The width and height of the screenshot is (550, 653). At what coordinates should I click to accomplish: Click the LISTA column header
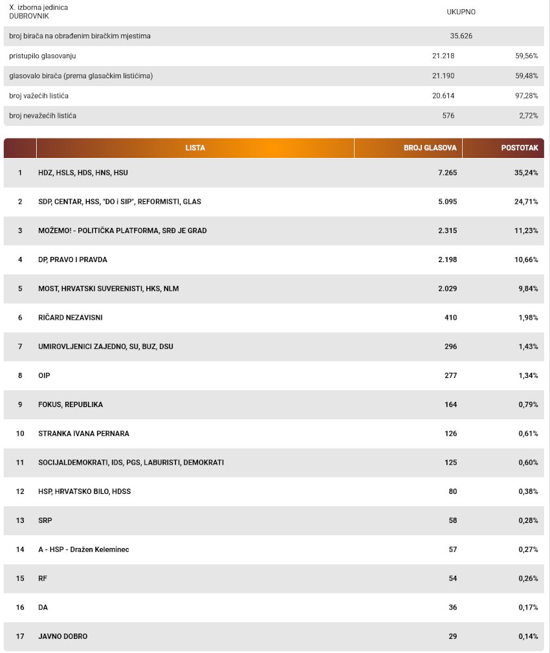coord(195,148)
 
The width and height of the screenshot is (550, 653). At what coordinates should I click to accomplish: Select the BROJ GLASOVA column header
coord(430,148)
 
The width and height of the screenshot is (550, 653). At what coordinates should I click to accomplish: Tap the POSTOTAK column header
coord(520,148)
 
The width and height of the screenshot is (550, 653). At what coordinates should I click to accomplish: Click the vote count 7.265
coord(448,172)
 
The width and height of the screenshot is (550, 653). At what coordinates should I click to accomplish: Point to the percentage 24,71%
coord(526,201)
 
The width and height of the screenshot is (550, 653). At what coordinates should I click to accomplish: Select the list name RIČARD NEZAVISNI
coord(71,317)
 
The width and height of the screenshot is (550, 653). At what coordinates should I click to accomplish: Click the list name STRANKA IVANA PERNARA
coord(83,434)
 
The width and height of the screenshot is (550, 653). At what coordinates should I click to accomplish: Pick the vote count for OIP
coord(451,375)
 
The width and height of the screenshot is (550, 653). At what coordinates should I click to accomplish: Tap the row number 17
coord(20,636)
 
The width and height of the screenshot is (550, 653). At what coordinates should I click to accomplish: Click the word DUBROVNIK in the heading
coord(29,16)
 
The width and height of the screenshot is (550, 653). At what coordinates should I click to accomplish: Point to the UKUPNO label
coord(461,12)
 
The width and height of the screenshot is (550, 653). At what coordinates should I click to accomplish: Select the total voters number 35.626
coord(461,36)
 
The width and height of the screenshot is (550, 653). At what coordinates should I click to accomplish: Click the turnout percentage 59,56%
coord(527,56)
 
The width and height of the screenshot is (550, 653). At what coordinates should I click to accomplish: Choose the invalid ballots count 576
coord(448,116)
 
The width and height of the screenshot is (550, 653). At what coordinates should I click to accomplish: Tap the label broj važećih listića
coord(39,96)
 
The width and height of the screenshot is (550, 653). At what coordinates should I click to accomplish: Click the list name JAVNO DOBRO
coord(63,636)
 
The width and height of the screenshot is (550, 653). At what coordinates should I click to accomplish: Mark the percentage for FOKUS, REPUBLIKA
coord(529,404)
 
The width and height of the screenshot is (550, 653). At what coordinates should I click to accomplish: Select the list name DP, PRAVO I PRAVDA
coord(73,260)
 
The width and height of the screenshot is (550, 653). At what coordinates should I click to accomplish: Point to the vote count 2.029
coord(448,289)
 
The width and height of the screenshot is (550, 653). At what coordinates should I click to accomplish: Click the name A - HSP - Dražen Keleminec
coord(83,549)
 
